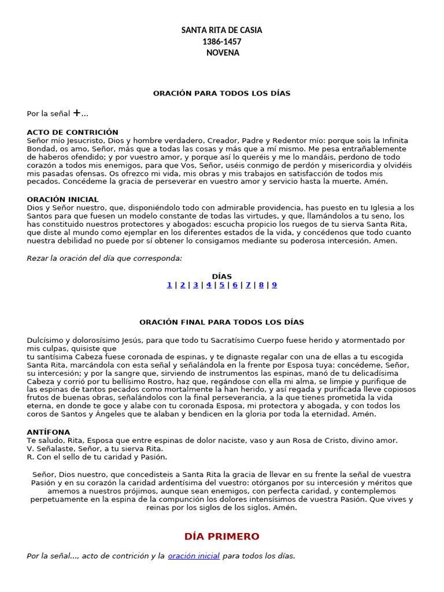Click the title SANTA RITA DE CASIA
[x=221, y=30]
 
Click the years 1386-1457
[x=221, y=42]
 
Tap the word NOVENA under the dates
[x=222, y=53]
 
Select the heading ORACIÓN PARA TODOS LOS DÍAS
[x=221, y=93]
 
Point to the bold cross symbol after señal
[x=76, y=113]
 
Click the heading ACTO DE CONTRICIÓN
[x=72, y=132]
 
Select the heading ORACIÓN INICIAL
[x=62, y=199]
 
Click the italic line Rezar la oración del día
[x=104, y=258]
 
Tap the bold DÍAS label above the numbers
[x=221, y=276]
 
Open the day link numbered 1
[x=169, y=285]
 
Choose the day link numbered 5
[x=222, y=285]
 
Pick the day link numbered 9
[x=275, y=285]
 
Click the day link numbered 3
[x=195, y=285]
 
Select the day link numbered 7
[x=248, y=285]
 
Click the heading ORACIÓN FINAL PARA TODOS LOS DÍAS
[x=221, y=322]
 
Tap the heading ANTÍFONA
[x=48, y=432]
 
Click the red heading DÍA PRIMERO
[x=222, y=536]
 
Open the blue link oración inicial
[x=194, y=556]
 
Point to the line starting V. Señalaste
[x=95, y=449]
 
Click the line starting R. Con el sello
[x=97, y=457]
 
